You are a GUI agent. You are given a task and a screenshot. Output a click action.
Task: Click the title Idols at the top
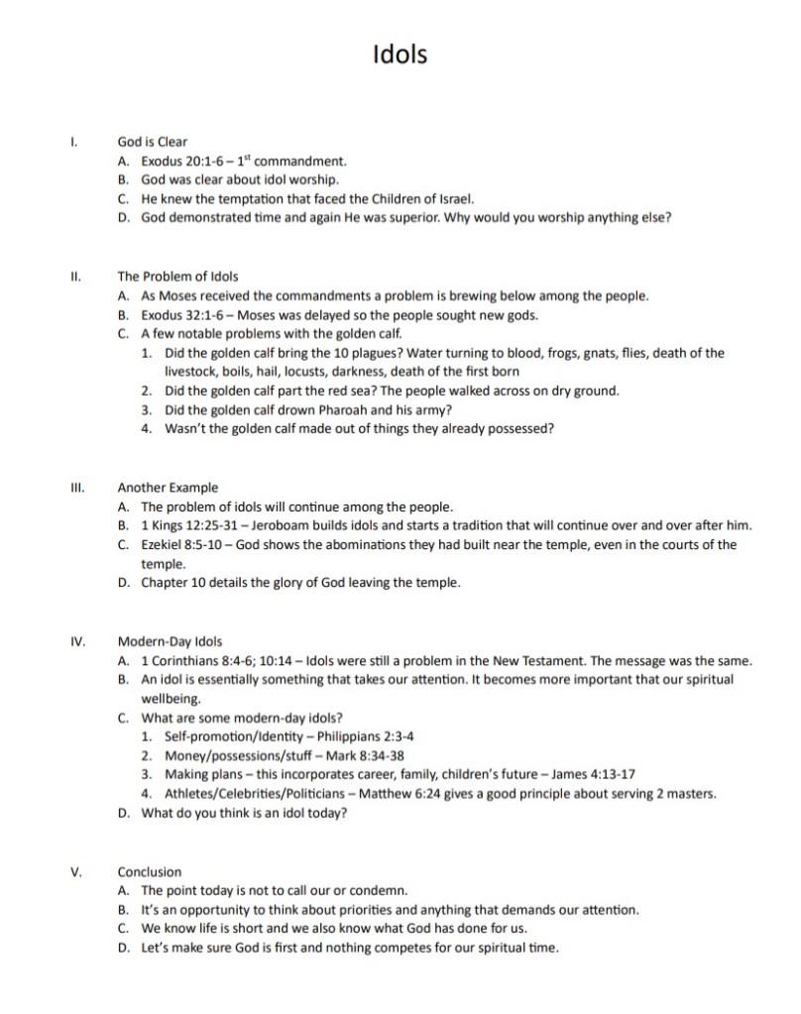(x=400, y=54)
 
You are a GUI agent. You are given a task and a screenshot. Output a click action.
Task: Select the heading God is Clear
(x=152, y=142)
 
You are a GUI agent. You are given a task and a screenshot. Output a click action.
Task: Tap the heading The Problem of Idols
(x=177, y=277)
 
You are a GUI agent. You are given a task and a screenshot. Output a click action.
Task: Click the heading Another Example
(x=168, y=488)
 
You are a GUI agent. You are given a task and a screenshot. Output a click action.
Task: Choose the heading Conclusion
(x=150, y=872)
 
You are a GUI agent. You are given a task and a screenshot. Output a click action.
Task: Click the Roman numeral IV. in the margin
(x=77, y=641)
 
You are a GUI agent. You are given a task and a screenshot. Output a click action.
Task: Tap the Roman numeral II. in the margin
(x=75, y=277)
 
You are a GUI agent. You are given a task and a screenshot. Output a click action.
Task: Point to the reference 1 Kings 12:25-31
(x=188, y=525)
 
